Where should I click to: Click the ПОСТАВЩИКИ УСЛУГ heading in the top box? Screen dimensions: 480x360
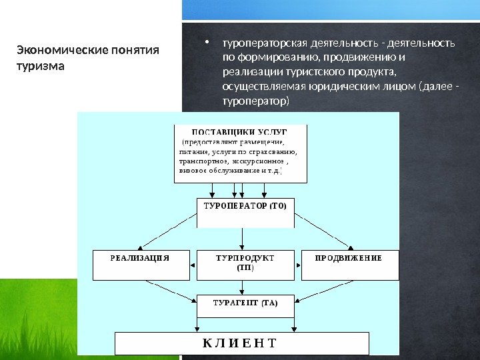pos(240,131)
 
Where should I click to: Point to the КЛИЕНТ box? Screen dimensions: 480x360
pos(242,343)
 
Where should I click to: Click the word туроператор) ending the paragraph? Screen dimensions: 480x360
pos(256,102)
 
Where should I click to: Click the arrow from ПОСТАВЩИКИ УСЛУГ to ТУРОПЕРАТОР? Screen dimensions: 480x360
pos(241,190)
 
